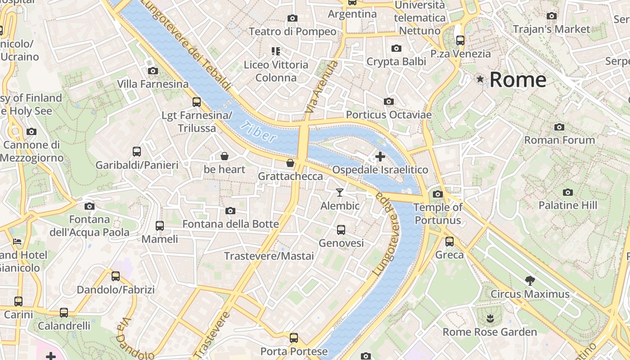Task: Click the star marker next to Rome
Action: [480, 80]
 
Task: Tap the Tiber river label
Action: [258, 132]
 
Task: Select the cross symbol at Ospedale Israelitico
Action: [380, 157]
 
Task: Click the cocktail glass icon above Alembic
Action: [340, 193]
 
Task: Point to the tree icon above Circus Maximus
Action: [530, 281]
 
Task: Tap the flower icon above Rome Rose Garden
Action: [490, 319]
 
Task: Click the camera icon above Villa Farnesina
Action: [153, 71]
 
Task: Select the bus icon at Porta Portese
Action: [294, 337]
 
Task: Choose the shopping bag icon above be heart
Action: [225, 156]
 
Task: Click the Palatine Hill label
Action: [568, 206]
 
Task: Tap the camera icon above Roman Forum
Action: [559, 127]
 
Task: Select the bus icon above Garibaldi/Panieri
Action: [137, 152]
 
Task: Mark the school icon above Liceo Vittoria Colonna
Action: [276, 51]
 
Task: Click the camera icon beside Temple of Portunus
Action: [437, 194]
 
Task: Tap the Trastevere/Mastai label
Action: [269, 256]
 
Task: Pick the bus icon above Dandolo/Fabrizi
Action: [116, 276]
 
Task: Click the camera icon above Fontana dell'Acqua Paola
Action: [90, 206]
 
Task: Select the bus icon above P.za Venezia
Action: [460, 40]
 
